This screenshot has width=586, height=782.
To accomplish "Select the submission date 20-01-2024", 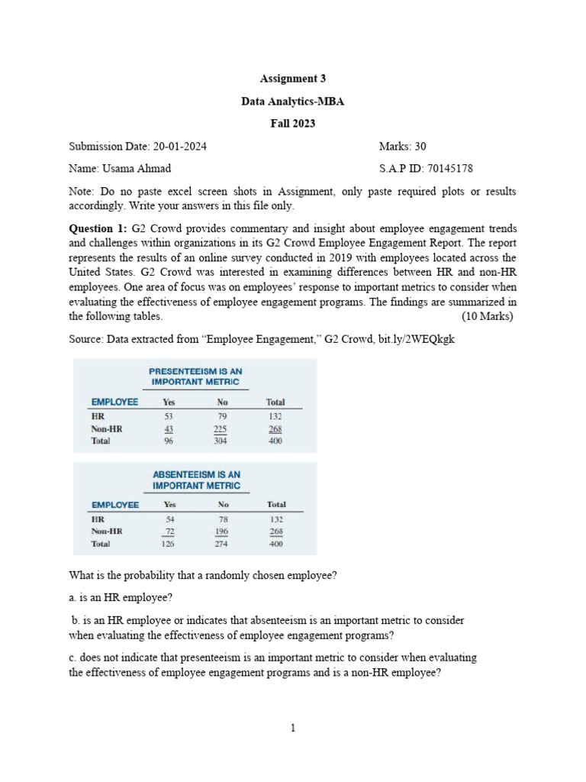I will [179, 146].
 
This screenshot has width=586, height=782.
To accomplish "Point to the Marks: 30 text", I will [401, 146].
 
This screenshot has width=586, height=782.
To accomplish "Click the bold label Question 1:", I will [99, 228].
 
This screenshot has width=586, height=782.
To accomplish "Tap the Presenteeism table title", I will [195, 376].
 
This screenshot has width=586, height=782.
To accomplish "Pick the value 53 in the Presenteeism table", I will [169, 416].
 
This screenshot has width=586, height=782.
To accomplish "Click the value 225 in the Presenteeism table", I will [223, 428].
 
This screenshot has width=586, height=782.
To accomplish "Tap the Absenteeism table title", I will [196, 480].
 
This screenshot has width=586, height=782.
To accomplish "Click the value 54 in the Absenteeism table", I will [169, 519].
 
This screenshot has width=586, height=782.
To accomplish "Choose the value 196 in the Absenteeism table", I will [223, 532].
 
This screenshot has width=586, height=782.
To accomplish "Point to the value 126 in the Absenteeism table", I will [168, 544].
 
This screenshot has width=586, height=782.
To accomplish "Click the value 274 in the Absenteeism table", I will [223, 544].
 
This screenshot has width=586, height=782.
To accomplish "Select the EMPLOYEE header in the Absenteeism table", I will [115, 505].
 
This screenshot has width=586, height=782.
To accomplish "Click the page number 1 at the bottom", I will [292, 728].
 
